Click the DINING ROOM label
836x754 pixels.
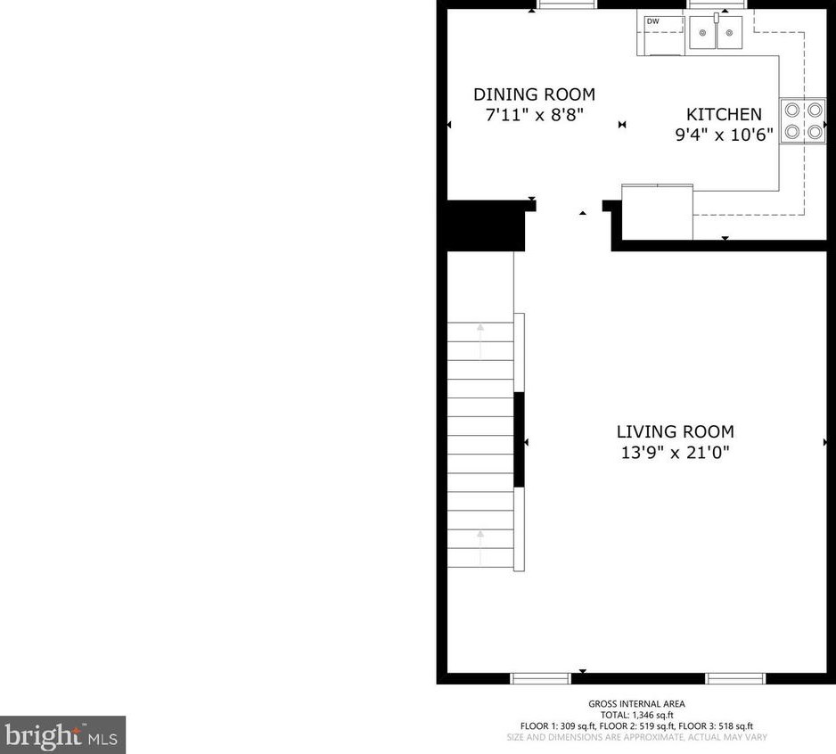(534, 94)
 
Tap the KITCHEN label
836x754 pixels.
(724, 114)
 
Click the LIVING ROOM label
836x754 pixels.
(675, 432)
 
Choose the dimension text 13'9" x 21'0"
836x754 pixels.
(675, 453)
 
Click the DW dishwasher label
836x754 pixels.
(652, 21)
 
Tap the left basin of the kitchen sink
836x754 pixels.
(703, 36)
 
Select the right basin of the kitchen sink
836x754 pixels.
(729, 36)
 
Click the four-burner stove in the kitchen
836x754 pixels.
(802, 121)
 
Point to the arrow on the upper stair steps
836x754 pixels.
(480, 340)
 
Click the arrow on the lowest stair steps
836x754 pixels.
(480, 546)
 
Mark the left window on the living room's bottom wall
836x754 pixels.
(540, 678)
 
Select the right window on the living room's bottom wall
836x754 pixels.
(735, 678)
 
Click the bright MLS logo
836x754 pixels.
(62, 735)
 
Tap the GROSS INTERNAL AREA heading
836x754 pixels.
(636, 704)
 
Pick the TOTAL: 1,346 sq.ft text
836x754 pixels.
(636, 715)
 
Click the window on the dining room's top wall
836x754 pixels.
(567, 4)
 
